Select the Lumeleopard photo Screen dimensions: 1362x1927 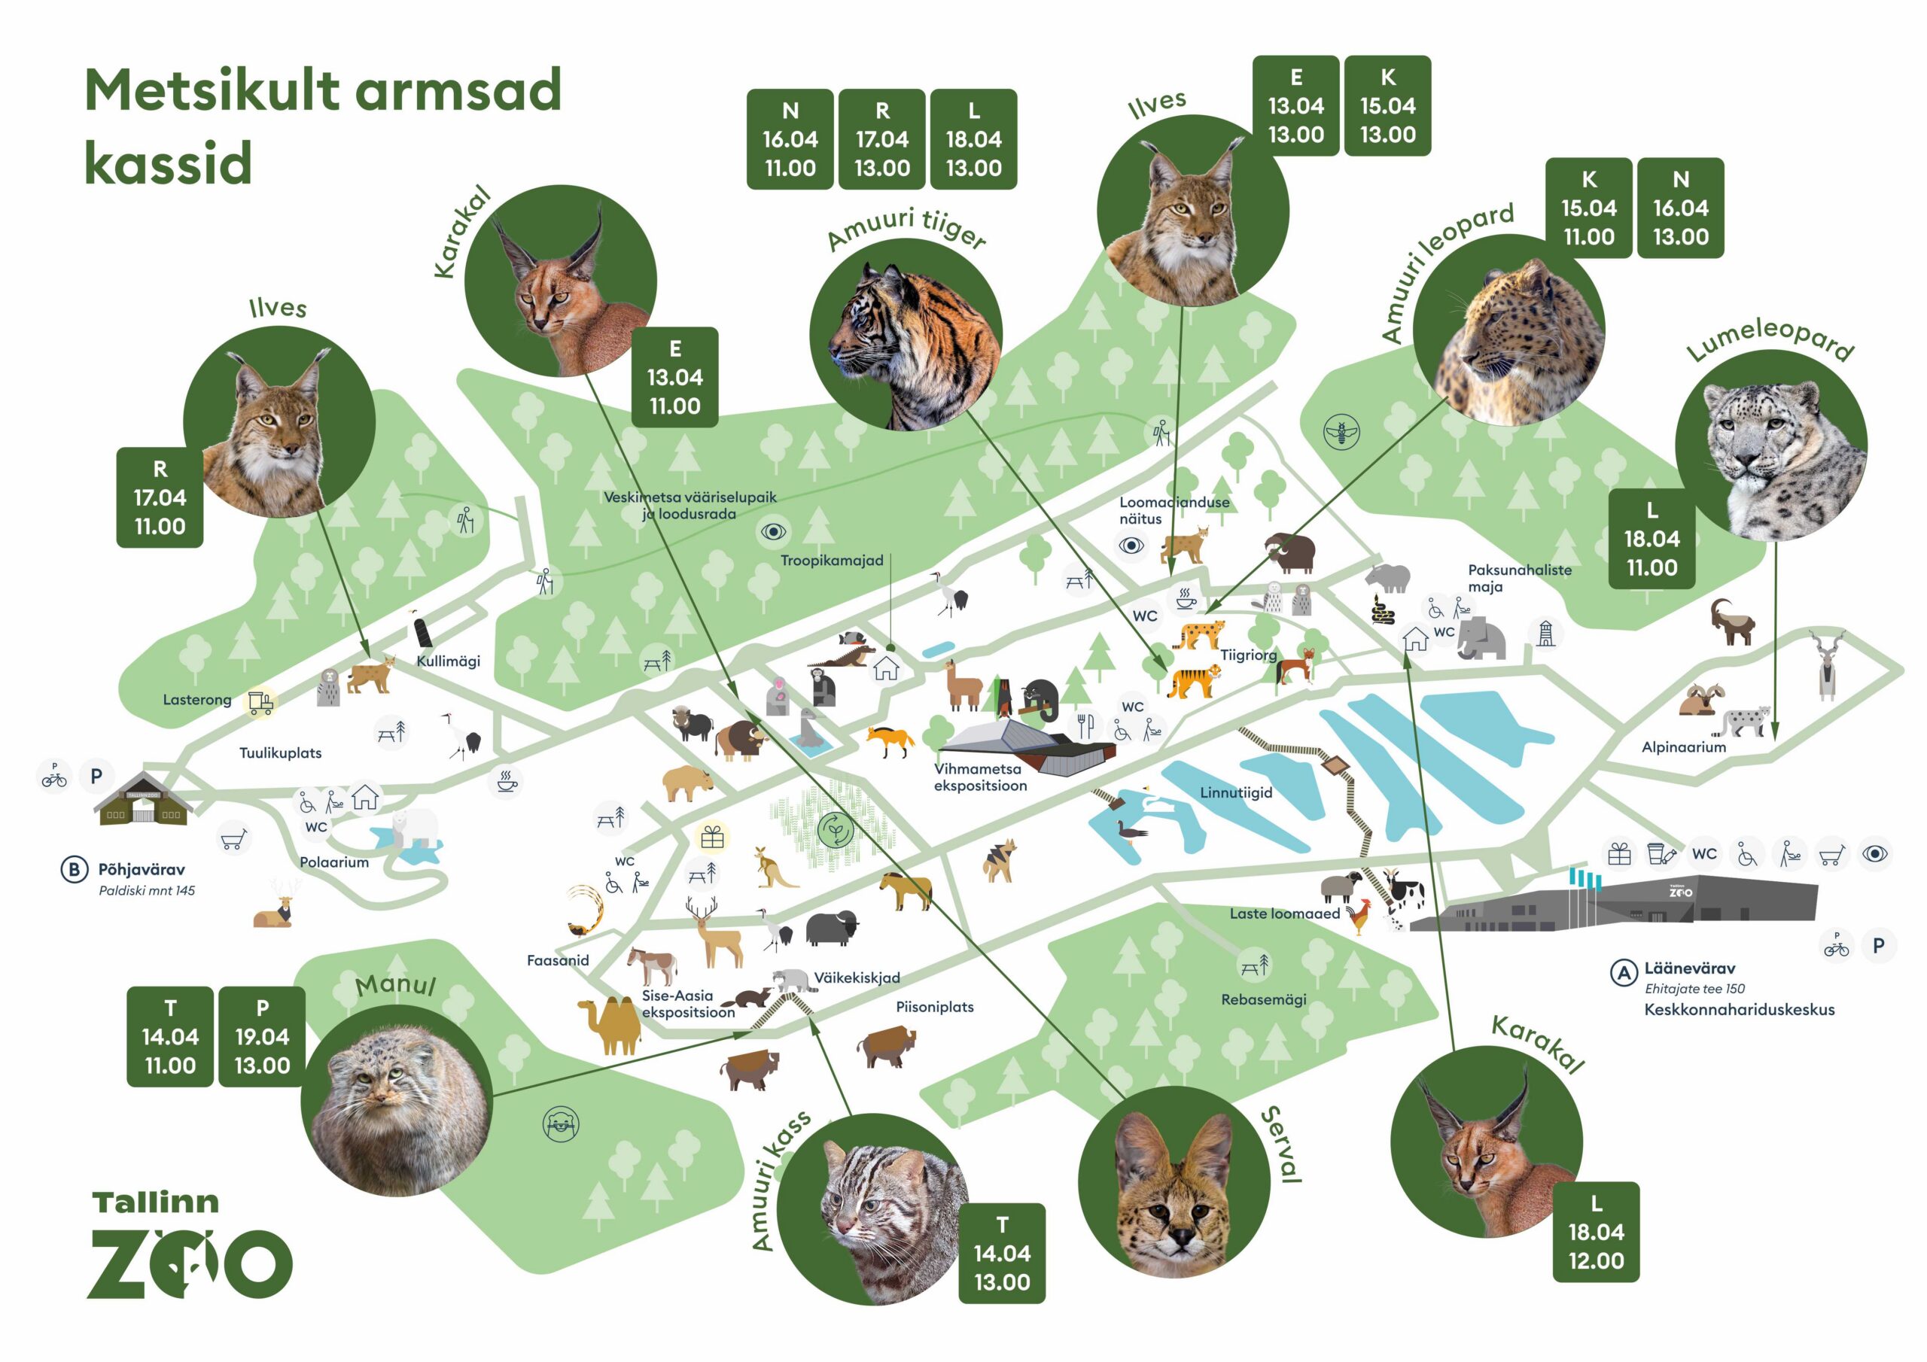point(1771,445)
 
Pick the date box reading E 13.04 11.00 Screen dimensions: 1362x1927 point(674,378)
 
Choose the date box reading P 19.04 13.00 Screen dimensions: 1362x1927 point(262,1037)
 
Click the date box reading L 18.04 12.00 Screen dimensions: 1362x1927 point(1596,1232)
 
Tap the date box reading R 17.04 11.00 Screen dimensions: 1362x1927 point(160,497)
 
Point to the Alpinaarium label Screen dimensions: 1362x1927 point(1684,747)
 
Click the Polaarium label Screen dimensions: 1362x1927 point(334,862)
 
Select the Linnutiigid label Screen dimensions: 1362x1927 point(1235,792)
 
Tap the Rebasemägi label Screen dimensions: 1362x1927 point(1263,999)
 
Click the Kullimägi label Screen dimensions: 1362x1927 point(448,661)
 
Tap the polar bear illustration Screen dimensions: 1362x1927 point(414,829)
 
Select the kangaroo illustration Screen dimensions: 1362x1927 point(774,868)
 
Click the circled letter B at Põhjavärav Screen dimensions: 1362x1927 point(74,869)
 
